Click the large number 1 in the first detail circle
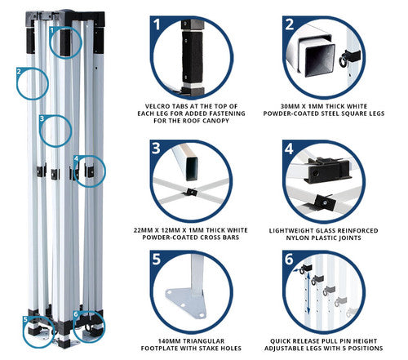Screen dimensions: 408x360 pos(157,24)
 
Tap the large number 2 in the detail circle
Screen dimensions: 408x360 pos(290,24)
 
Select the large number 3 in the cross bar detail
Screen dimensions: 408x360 pos(156,149)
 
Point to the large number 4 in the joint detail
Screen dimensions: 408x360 pos(289,149)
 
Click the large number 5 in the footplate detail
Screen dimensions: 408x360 pos(157,259)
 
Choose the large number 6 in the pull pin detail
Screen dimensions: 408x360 pos(289,259)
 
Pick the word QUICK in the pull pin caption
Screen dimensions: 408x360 pos(280,341)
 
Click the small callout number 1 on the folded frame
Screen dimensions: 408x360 pos(52,30)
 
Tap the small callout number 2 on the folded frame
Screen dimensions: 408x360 pos(19,72)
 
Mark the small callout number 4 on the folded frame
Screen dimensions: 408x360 pos(77,158)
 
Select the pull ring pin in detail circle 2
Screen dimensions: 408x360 pos(344,61)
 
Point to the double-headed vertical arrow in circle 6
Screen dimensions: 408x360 pos(308,293)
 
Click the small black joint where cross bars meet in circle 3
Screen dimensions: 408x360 pos(192,192)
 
